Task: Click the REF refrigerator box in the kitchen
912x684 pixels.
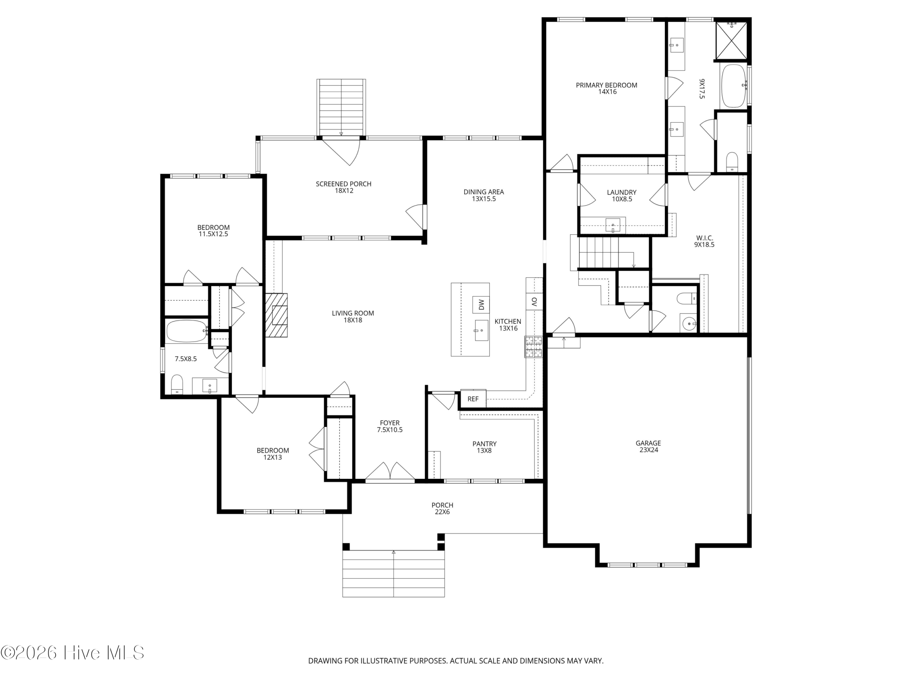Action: pyautogui.click(x=473, y=399)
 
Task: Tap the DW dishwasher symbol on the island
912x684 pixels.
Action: pyautogui.click(x=481, y=305)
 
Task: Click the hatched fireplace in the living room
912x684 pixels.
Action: pyautogui.click(x=276, y=315)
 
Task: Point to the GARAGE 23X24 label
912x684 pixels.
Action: pyautogui.click(x=648, y=446)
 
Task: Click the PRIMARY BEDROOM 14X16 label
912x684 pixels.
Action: pyautogui.click(x=606, y=88)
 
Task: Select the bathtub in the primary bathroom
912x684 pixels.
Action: pyautogui.click(x=734, y=86)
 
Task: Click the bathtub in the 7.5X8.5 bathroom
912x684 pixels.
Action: pyautogui.click(x=187, y=331)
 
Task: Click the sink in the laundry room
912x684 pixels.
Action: pyautogui.click(x=613, y=226)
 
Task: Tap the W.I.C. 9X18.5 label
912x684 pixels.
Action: pyautogui.click(x=704, y=241)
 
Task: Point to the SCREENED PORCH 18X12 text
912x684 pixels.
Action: pyautogui.click(x=343, y=187)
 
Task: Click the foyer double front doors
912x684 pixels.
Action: pyautogui.click(x=390, y=472)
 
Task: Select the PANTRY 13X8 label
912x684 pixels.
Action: pyautogui.click(x=484, y=447)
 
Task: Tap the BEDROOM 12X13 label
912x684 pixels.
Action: pyautogui.click(x=273, y=454)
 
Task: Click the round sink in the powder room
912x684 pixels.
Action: pyautogui.click(x=688, y=324)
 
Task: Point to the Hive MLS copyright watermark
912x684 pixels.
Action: pyautogui.click(x=73, y=653)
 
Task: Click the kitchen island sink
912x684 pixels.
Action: pyautogui.click(x=481, y=331)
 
